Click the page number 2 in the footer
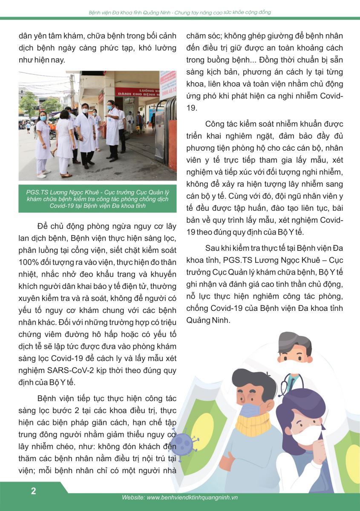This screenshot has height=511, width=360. [x=33, y=491]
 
